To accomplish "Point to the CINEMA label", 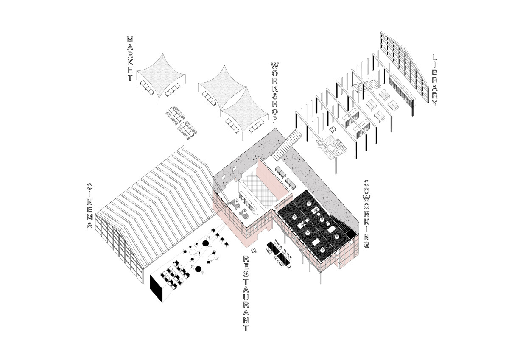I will tap(89, 206).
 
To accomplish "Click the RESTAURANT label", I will tap(246, 293).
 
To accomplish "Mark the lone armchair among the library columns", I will tap(332, 129).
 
